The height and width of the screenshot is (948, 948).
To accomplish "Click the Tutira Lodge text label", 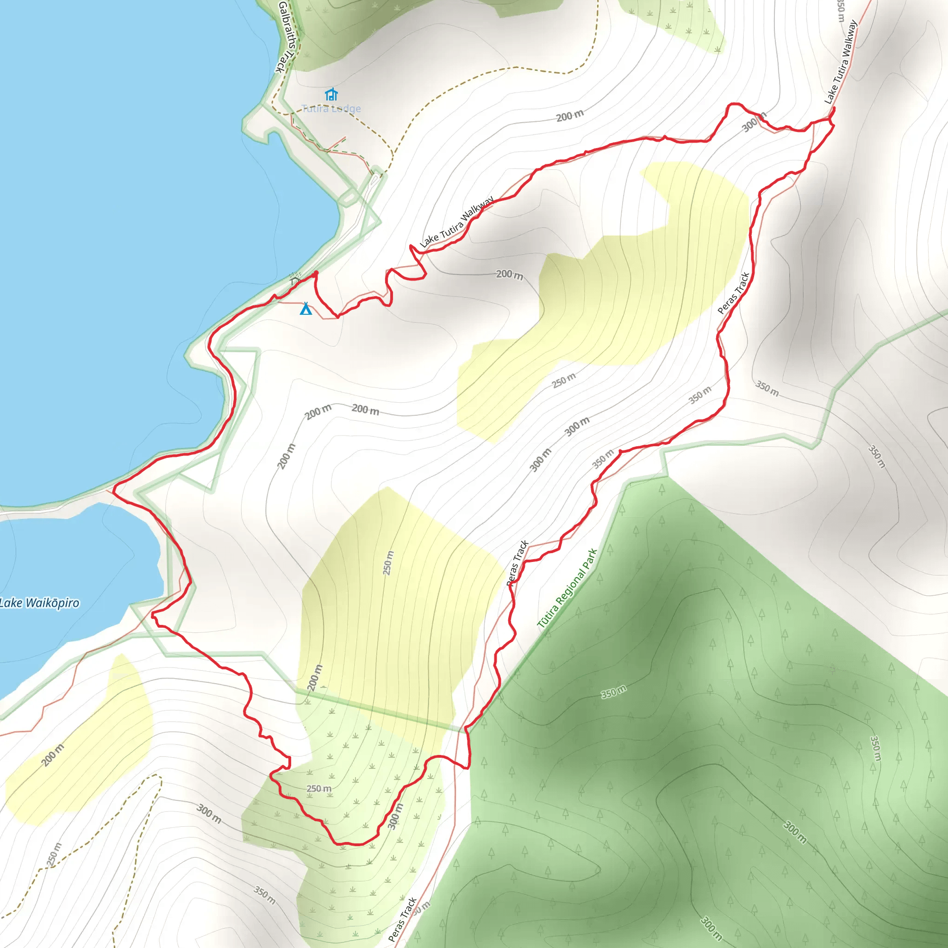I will (331, 108).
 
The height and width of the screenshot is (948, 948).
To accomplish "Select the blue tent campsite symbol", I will (306, 308).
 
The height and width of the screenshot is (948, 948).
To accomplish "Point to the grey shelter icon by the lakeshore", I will (294, 280).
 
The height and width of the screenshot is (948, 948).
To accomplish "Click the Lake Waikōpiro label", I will (39, 603).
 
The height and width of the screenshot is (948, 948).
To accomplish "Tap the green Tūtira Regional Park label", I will (567, 588).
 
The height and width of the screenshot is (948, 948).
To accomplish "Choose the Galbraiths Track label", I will (286, 37).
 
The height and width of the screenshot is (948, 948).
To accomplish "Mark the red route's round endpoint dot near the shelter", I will (316, 273).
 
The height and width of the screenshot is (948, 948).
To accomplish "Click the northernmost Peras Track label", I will (734, 293).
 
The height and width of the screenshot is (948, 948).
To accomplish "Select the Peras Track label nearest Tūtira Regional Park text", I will (517, 563).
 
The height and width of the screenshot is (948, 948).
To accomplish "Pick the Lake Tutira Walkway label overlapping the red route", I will (456, 222).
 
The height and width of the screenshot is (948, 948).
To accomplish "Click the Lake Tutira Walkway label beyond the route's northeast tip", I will (841, 62).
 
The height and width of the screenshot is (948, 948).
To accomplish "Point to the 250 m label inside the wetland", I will (319, 788).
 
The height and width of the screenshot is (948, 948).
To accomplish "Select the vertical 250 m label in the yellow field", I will (388, 563).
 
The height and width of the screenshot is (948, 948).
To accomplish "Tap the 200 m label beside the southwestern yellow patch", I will (52, 755).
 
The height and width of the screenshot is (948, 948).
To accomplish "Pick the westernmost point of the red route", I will (114, 490).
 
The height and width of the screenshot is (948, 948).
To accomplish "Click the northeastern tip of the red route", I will (834, 108).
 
